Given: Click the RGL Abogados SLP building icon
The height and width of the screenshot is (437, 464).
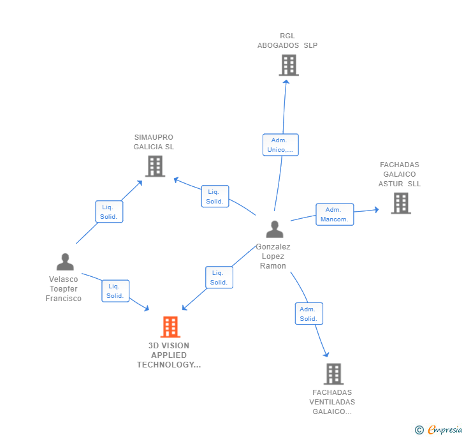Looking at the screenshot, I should [x=289, y=65].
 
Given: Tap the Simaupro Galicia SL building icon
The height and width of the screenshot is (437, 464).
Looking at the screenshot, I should [x=155, y=166].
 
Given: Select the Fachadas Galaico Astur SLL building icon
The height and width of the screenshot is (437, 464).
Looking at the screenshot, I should [x=400, y=203].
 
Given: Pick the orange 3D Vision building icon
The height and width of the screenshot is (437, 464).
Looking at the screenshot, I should [x=170, y=327].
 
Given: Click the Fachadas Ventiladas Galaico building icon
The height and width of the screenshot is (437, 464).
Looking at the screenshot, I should [x=333, y=374].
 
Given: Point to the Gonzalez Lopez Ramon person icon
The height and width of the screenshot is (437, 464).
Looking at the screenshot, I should [x=274, y=229].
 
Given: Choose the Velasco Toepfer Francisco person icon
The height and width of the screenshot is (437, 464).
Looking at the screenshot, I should [x=64, y=262].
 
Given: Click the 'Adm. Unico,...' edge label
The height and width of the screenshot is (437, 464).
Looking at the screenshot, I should [x=280, y=145].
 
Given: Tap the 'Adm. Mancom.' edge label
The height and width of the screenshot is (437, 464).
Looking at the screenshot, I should [x=335, y=214].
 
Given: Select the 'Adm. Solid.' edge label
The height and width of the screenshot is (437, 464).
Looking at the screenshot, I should [x=309, y=314].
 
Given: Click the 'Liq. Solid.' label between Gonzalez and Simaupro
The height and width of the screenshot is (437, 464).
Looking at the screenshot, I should [x=215, y=196].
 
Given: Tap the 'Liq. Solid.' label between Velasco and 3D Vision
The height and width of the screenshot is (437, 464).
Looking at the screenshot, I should [x=115, y=291].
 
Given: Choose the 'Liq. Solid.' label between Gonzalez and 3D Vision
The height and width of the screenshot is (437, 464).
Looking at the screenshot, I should [x=219, y=278].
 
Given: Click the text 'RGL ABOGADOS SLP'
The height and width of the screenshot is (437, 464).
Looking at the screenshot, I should [x=287, y=41].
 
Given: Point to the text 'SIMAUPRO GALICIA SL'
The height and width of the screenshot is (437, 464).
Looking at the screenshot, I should [x=154, y=142].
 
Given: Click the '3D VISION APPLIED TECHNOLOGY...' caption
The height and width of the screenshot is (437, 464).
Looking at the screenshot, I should [x=169, y=355].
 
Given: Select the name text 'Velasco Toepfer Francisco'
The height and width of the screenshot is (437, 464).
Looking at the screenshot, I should [x=64, y=289].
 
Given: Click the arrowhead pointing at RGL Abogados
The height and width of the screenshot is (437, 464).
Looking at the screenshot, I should [x=287, y=80].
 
